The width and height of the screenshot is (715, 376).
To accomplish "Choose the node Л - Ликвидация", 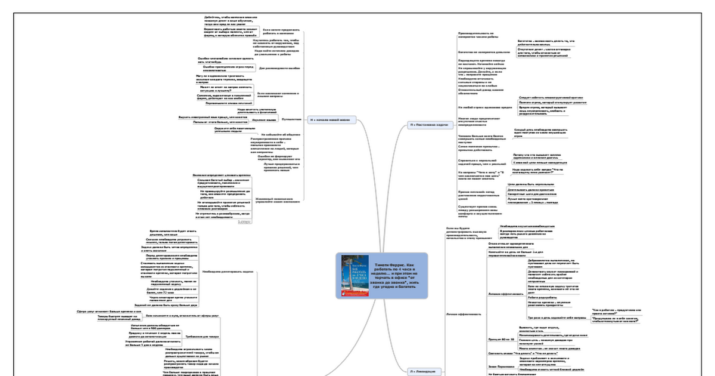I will click(x=425, y=371).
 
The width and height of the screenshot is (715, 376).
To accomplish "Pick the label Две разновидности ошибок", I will click(x=278, y=69).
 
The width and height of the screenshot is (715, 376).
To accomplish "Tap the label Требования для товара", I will click(x=207, y=336).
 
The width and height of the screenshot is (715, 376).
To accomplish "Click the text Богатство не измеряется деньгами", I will click(x=483, y=52).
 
